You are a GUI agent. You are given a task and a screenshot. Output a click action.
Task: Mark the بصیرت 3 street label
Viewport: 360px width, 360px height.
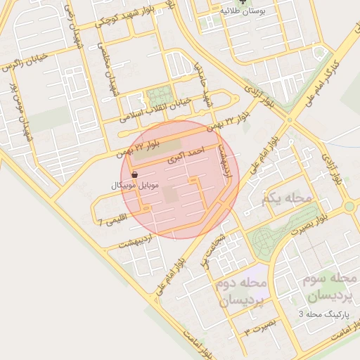point(257,328)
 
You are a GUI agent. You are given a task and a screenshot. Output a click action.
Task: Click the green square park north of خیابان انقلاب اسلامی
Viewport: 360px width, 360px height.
point(161,96)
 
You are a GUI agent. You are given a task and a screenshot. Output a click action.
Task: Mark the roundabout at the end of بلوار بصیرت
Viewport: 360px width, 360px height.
point(349,207)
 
